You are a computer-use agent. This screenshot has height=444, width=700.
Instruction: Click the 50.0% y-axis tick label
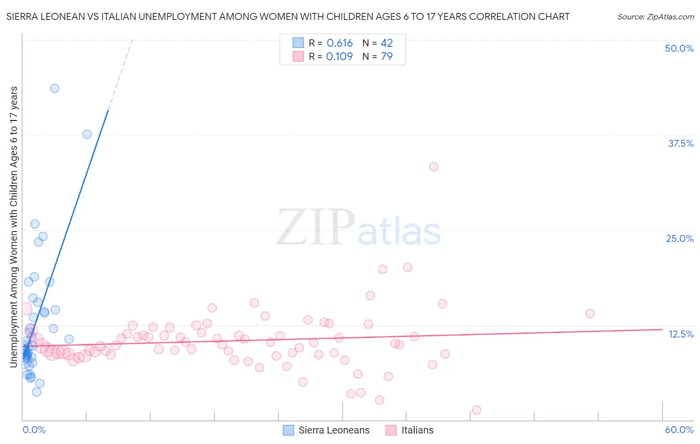coord(679,48)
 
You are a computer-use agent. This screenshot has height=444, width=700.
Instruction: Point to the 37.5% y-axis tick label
coord(680,143)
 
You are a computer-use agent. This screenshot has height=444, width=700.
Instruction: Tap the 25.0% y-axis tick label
coord(679,238)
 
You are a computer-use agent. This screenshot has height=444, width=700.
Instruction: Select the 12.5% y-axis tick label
coord(681,334)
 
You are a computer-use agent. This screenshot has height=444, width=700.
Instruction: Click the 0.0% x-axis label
coord(34,430)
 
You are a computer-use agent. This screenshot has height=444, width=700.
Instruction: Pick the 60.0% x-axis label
coord(679,430)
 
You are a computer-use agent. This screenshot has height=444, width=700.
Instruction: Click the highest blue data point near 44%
coord(55,88)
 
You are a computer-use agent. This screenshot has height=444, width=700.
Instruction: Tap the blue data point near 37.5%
coord(87,134)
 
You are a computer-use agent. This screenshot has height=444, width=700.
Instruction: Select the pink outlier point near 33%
coord(434,167)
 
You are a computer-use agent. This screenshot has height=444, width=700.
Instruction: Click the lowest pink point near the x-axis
coord(476,410)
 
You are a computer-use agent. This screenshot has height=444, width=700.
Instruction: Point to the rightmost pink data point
coord(590,314)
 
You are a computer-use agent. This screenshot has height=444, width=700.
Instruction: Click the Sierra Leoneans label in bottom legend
coord(334,430)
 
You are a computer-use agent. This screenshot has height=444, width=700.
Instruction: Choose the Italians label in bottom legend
coord(417,430)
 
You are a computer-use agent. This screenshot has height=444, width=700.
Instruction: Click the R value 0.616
coord(340,43)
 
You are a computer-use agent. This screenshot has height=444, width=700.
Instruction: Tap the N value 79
coord(387,57)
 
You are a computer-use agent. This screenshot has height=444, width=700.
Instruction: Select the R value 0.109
coord(340,57)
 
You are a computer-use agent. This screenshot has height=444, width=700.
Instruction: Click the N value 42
coord(387,43)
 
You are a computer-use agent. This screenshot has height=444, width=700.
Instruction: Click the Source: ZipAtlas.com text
coord(655,17)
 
